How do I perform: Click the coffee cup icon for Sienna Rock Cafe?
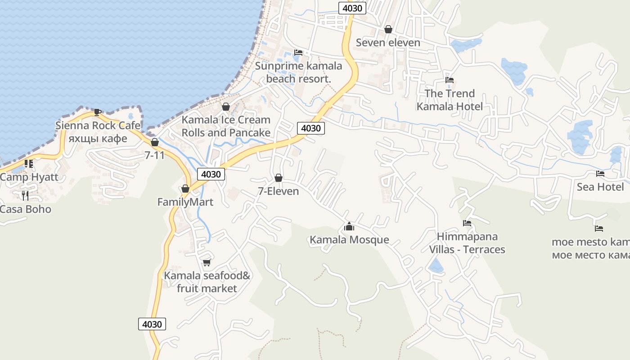(x=97, y=112)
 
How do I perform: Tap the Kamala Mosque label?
(x=349, y=239)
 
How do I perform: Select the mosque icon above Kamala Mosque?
(x=349, y=226)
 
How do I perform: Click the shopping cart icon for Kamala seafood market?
(x=207, y=262)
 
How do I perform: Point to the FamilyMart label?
(x=185, y=202)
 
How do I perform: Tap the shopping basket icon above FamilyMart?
(x=185, y=189)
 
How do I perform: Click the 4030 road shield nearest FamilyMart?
(x=211, y=174)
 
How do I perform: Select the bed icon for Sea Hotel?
(x=600, y=174)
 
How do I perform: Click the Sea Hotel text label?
(x=600, y=187)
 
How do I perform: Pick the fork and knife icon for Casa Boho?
(x=25, y=195)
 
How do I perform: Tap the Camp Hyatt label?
(x=29, y=177)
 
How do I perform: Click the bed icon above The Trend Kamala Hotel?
(x=449, y=81)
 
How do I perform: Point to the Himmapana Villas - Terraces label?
(x=467, y=243)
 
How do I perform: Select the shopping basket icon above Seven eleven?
(x=388, y=29)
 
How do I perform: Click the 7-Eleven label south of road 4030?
(x=278, y=191)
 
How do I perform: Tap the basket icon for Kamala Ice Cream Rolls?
(x=226, y=107)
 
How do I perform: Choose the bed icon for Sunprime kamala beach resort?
(x=298, y=53)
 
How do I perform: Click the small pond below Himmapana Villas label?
(x=436, y=266)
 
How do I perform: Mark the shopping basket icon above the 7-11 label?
(x=155, y=142)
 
